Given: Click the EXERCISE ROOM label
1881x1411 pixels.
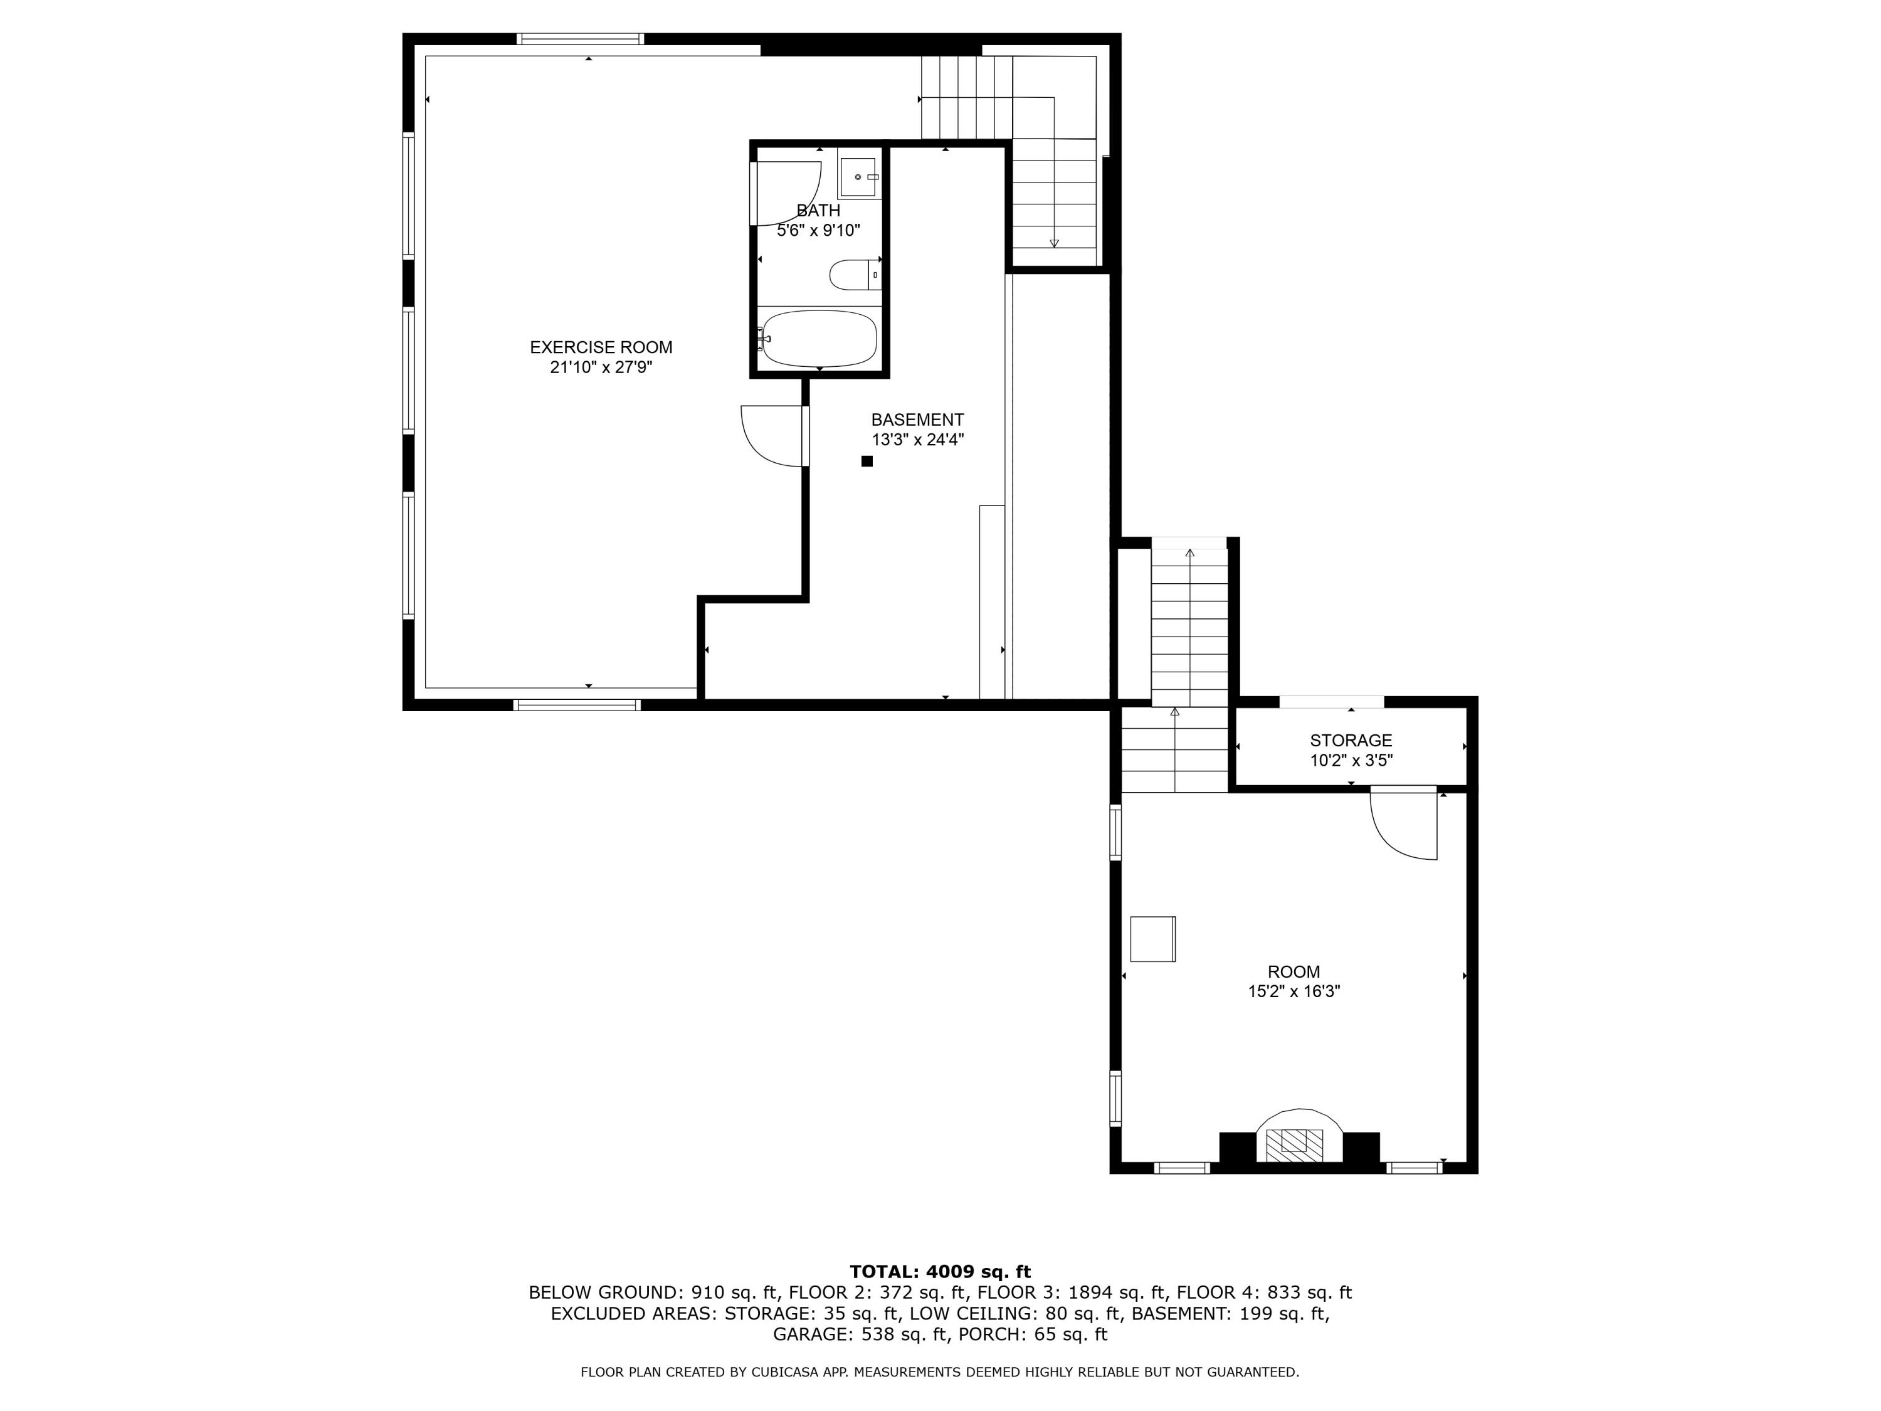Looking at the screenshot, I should pos(601,347).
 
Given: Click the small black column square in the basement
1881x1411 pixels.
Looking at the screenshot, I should pos(867,461).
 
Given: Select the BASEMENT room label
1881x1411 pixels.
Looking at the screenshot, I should pos(917,420).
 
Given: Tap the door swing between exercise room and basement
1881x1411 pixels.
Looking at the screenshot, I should pos(771,435).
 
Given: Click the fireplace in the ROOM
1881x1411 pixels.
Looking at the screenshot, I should pos(1299,1139).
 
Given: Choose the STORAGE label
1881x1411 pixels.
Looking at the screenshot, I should pos(1351,740).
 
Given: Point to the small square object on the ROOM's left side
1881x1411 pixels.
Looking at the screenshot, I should pos(1152,939).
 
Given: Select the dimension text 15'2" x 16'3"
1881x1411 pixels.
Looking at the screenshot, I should pos(1294,991).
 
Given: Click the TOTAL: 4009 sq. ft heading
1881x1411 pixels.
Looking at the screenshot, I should pos(940,1272).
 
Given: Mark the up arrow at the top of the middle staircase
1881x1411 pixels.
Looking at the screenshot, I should pos(1189,554).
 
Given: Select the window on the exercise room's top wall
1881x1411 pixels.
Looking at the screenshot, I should pos(580,39).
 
